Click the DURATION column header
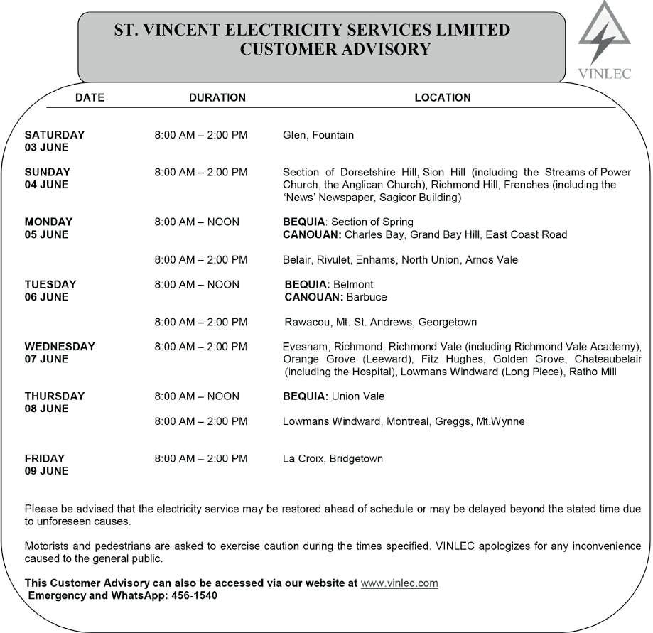pos(217,97)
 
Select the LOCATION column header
pos(443,97)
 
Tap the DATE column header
pos(90,97)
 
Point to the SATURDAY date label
pos(55,135)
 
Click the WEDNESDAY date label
pos(60,347)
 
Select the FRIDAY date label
pos(45,459)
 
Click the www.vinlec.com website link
pos(399,583)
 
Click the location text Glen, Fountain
pos(318,135)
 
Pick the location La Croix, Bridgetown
pos(333,459)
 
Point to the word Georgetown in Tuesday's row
pos(448,323)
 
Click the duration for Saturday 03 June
pos(201,135)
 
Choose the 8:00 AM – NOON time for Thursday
pos(197,396)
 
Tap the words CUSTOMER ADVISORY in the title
pos(335,49)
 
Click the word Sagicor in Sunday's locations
pos(400,198)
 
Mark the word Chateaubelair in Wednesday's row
pos(608,359)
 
